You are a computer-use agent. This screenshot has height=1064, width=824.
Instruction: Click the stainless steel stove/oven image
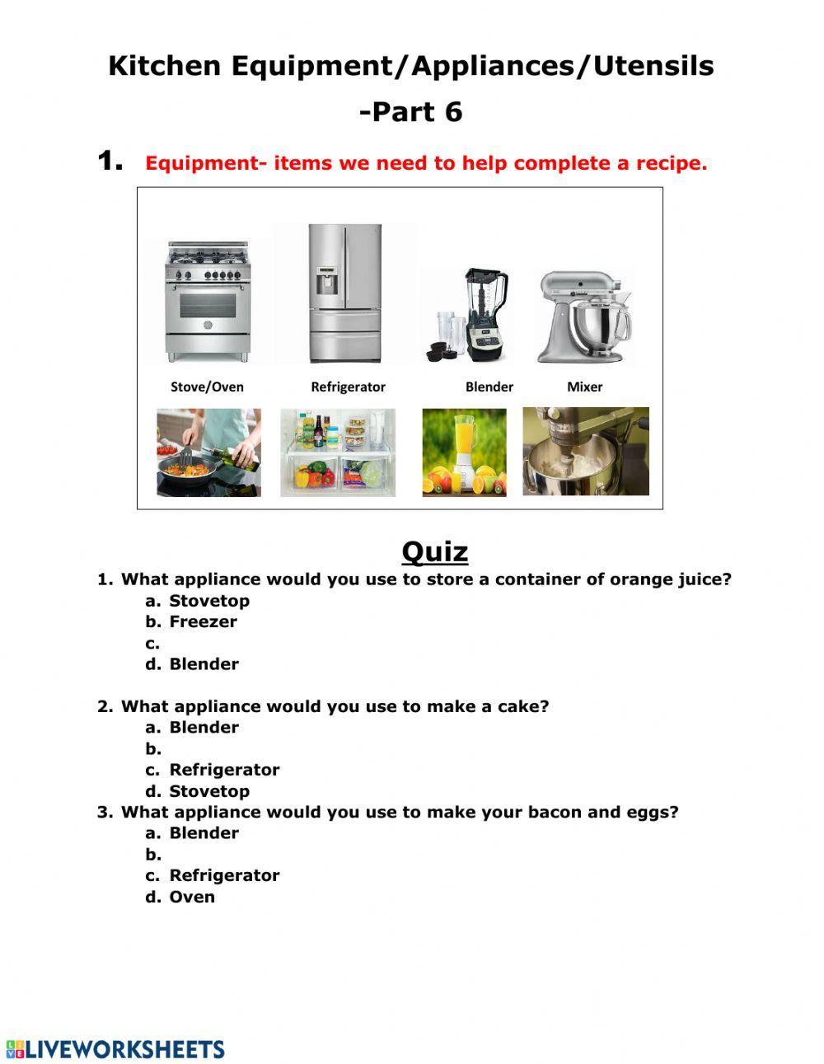coord(208,302)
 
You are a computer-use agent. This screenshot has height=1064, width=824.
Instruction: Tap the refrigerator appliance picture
coord(345,293)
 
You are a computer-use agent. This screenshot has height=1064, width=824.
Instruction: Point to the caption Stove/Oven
coord(207,387)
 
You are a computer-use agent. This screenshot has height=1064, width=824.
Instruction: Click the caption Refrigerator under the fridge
coord(348,387)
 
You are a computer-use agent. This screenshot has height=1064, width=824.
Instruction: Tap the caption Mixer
coord(584,387)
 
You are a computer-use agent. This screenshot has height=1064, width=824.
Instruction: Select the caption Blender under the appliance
coord(489,387)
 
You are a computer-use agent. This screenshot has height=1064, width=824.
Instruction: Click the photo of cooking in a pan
coord(209,452)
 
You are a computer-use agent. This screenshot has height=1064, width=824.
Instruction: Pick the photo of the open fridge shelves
coord(338,452)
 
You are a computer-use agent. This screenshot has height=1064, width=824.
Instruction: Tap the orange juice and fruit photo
coord(464,452)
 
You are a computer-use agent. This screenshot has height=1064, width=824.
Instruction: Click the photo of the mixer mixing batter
coord(585,452)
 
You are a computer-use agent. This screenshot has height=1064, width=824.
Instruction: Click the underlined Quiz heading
coord(435,551)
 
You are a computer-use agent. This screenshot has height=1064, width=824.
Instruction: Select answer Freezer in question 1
coord(203,622)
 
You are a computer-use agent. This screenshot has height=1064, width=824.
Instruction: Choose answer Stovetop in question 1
coord(209,601)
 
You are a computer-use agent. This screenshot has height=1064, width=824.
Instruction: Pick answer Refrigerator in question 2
coord(224,770)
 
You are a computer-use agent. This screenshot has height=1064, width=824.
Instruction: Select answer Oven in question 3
coord(192,897)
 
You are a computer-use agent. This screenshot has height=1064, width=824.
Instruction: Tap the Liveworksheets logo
coord(115,1049)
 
